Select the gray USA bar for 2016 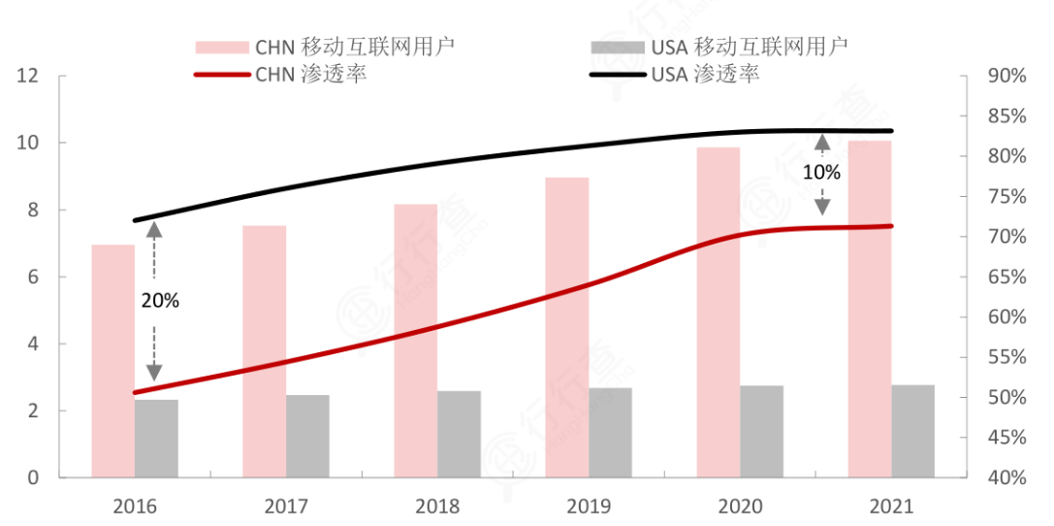click(x=156, y=439)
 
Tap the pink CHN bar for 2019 click(x=567, y=327)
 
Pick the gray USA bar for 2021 click(x=913, y=431)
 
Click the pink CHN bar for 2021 click(x=870, y=309)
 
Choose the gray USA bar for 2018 click(x=459, y=434)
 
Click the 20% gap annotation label click(x=160, y=301)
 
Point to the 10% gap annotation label click(x=822, y=173)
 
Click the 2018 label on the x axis click(x=437, y=506)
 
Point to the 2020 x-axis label click(x=740, y=506)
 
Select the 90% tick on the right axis click(x=1006, y=77)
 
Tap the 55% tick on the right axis click(x=1006, y=358)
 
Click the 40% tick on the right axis click(x=1006, y=478)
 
